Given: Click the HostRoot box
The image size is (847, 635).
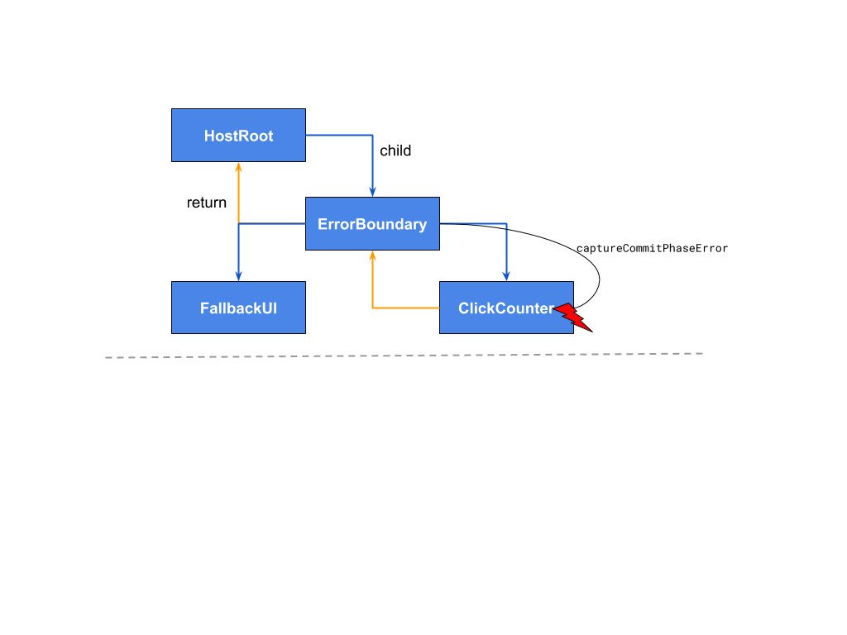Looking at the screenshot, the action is point(238,135).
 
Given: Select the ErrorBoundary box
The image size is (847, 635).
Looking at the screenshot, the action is point(372,223).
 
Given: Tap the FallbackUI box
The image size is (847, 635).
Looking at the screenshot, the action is point(238,308).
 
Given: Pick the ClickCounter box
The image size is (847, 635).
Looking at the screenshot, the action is point(506,308).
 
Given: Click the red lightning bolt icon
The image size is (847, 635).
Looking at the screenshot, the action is point(572,317).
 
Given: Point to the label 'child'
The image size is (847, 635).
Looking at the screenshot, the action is point(395,150).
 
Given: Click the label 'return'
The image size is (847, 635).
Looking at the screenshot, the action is point(206,203).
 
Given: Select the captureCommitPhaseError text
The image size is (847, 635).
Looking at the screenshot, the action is point(652,248).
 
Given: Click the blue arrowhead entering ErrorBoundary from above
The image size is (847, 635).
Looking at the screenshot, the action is point(372,192).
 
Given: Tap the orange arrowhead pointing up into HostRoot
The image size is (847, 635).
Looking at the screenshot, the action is point(238,167).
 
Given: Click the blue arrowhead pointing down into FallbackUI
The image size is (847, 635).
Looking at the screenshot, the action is point(238,276).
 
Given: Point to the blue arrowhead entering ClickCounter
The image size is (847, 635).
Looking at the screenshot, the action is point(506,276).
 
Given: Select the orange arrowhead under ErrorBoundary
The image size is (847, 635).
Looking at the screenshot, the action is point(372,255).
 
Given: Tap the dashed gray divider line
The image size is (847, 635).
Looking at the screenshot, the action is point(404,356).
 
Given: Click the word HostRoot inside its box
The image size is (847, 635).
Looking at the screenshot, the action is point(238,136).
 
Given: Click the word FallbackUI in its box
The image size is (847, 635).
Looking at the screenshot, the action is point(238,308).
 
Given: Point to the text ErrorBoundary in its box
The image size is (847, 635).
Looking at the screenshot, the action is point(372,224).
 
